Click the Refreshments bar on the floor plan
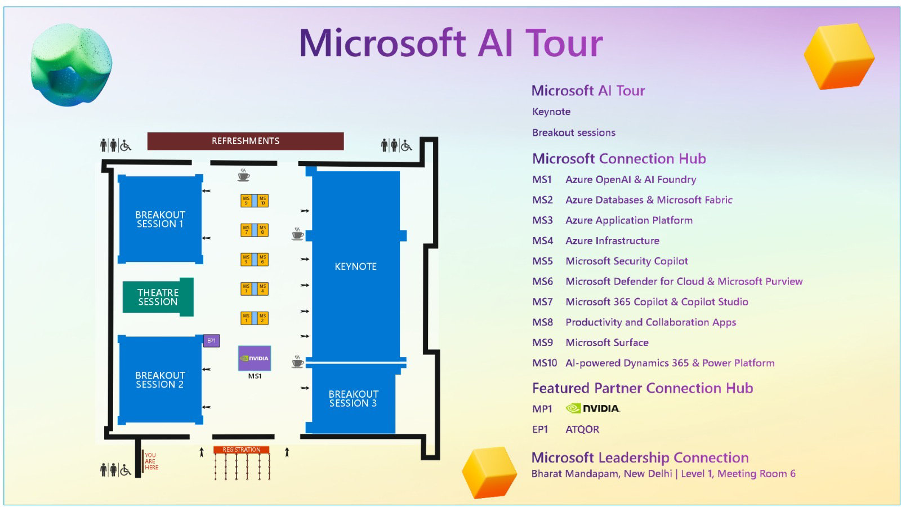(245, 141)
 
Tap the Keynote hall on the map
(355, 266)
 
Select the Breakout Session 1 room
(160, 219)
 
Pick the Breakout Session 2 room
(160, 380)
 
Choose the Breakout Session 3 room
(354, 398)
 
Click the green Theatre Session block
(158, 297)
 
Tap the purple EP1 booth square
(211, 341)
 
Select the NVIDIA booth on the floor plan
(255, 358)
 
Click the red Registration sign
(241, 450)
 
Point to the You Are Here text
(151, 461)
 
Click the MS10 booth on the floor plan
(262, 201)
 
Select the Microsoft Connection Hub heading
(619, 159)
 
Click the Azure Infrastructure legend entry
(612, 241)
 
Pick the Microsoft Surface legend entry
(607, 343)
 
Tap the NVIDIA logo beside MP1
(593, 408)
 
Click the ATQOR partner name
(582, 429)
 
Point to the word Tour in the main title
(564, 43)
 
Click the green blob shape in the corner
(71, 64)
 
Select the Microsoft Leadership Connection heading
(640, 457)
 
